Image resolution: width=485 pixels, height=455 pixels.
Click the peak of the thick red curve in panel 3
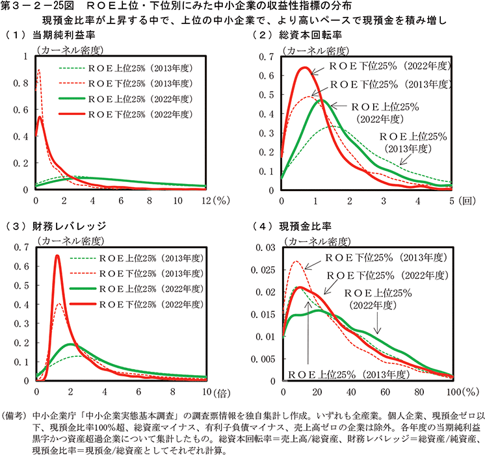[57, 256]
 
